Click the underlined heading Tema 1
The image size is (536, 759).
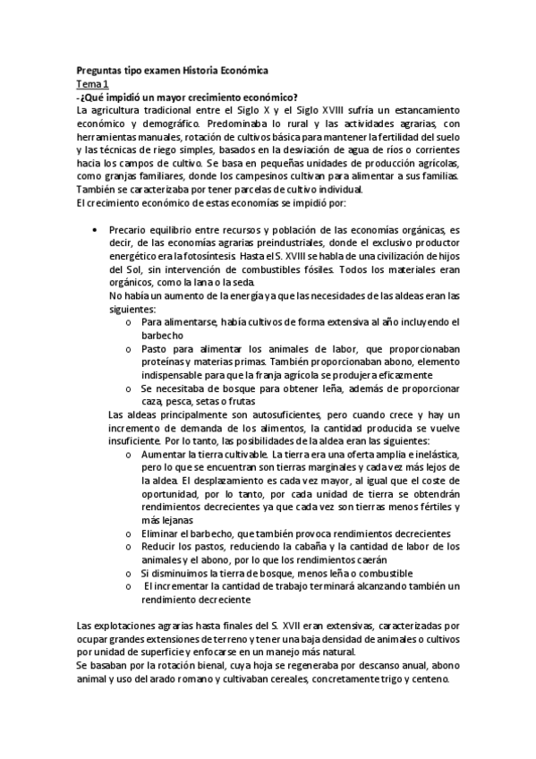coord(90,81)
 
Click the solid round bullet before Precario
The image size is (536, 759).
coord(95,231)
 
